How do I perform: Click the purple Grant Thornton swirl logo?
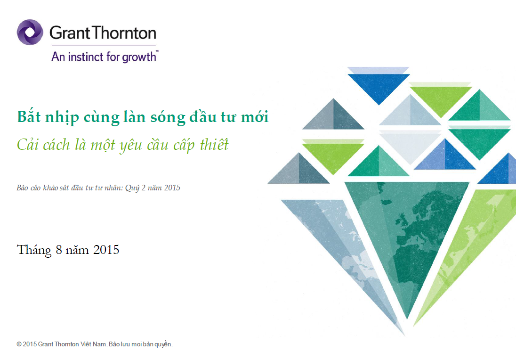point(30,33)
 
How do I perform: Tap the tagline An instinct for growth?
point(105,57)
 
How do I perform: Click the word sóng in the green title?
point(168,118)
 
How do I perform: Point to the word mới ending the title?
point(255,117)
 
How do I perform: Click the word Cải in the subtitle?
point(27,145)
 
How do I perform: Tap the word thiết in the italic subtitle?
point(214,145)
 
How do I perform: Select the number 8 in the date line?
point(59,250)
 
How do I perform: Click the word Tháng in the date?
point(34,250)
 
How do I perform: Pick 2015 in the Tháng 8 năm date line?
point(106,250)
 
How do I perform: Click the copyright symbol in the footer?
point(19,344)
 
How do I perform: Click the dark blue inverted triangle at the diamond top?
point(379,87)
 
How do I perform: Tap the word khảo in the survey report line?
point(50,188)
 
